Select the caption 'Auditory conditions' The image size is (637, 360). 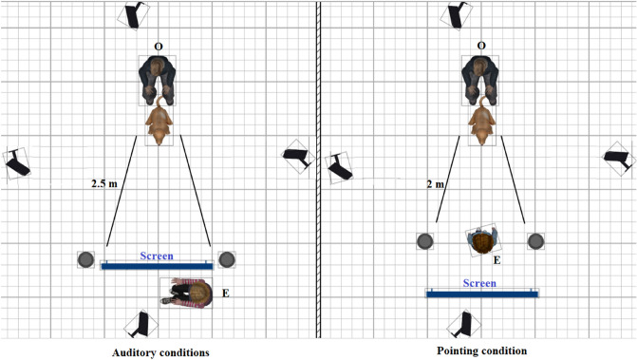click(159, 351)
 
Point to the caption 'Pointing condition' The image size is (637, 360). click(482, 351)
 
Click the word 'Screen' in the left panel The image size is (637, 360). click(157, 256)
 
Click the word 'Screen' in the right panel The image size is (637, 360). click(480, 283)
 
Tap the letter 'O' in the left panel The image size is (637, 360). click(159, 46)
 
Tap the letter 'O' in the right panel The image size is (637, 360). click(481, 46)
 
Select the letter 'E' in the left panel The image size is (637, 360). click(225, 294)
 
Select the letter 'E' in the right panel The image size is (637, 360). click(496, 258)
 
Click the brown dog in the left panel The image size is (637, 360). click(159, 120)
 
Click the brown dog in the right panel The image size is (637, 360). click(482, 120)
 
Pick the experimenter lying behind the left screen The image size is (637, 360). click(189, 294)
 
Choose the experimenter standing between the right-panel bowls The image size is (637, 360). click(483, 241)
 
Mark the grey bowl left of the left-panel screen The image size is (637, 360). click(86, 258)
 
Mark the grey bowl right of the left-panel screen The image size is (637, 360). click(226, 258)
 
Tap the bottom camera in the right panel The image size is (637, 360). click(465, 325)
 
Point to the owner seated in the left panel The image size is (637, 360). click(158, 78)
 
